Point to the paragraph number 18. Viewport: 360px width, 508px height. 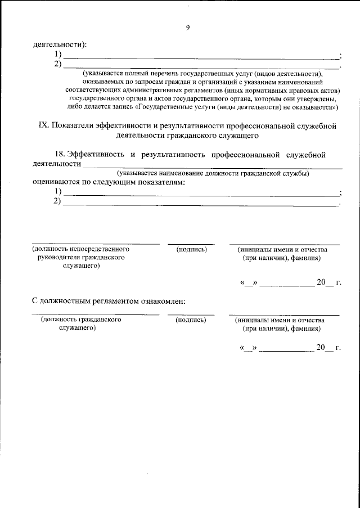[x=58, y=154]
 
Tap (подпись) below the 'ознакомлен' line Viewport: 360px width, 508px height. [x=191, y=320]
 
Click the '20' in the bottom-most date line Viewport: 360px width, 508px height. [x=321, y=347]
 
